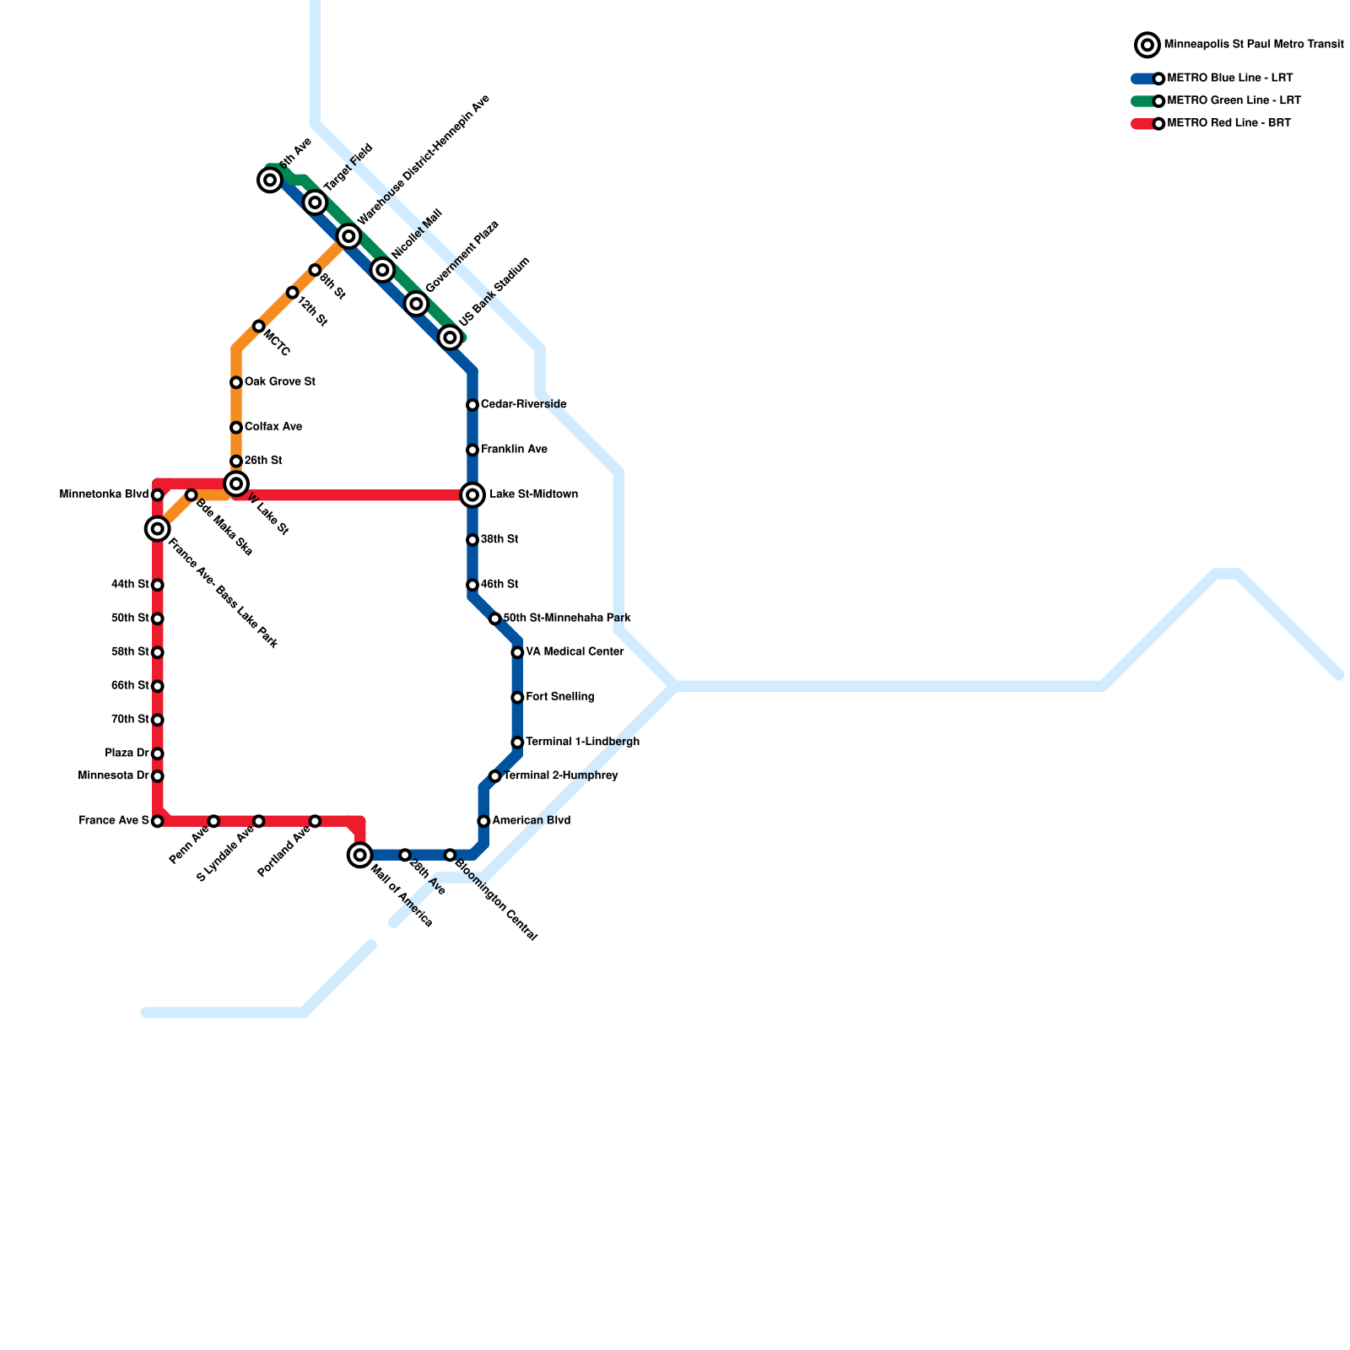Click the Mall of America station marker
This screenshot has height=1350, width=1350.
click(x=360, y=855)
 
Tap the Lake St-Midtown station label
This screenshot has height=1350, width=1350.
click(x=533, y=494)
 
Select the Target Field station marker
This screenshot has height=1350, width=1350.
click(x=315, y=202)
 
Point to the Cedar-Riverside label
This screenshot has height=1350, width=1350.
click(x=523, y=405)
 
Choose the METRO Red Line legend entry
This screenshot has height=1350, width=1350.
click(x=1228, y=124)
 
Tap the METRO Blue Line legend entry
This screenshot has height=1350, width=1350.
click(x=1229, y=78)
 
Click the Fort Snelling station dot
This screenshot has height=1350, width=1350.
click(x=517, y=698)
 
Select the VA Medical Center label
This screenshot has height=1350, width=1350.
click(x=575, y=652)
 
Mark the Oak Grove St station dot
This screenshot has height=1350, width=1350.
click(x=236, y=383)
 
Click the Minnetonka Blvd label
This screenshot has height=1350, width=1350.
click(x=104, y=494)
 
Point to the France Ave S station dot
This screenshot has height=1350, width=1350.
click(x=157, y=821)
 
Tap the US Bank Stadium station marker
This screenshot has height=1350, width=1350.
click(x=451, y=337)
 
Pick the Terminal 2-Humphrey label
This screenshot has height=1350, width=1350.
click(x=560, y=776)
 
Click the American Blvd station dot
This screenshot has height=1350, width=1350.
click(x=483, y=821)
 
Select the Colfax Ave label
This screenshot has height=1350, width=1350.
click(x=273, y=427)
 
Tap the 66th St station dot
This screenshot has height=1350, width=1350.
click(x=157, y=686)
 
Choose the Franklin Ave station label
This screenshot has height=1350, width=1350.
click(x=514, y=450)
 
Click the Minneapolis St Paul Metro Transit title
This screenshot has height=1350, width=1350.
click(x=1253, y=45)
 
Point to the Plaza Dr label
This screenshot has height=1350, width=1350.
click(x=127, y=753)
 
